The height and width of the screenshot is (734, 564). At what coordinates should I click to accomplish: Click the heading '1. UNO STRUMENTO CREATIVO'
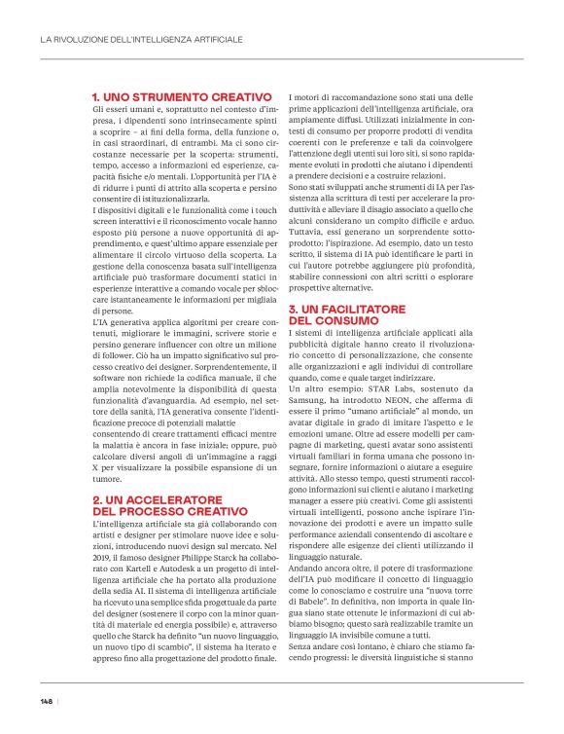click(x=181, y=98)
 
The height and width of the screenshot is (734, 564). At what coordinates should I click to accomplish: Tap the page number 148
click(x=46, y=701)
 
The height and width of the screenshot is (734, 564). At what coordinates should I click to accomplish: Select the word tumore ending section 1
click(x=107, y=479)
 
